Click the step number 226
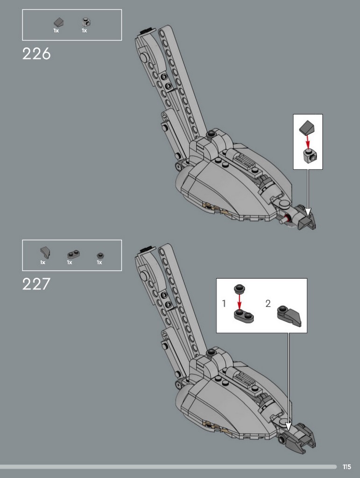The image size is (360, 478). [36, 54]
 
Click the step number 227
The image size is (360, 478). [36, 284]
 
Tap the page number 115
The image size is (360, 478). [347, 467]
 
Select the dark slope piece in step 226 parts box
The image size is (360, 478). [58, 22]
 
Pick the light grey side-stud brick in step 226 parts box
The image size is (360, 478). [86, 22]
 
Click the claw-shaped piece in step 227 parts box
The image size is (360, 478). [45, 253]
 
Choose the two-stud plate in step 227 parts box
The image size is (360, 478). [73, 254]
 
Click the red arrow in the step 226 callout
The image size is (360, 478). [308, 142]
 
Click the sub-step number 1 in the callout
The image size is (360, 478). [224, 303]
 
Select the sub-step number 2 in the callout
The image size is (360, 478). [268, 303]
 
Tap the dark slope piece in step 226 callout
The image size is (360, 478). [307, 127]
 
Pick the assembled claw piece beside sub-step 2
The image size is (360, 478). [289, 317]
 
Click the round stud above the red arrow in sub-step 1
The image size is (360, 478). [240, 288]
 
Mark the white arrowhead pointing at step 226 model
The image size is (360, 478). [308, 212]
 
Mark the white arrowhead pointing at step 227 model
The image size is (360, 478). [288, 427]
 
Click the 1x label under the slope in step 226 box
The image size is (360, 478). [56, 30]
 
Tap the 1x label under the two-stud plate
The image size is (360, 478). [70, 262]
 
